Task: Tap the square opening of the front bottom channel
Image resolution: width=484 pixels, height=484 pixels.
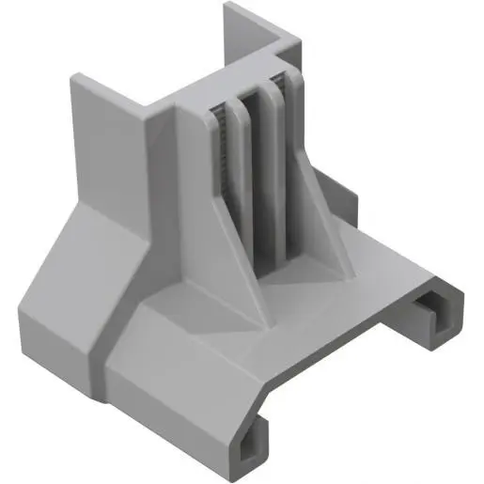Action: tap(251, 449)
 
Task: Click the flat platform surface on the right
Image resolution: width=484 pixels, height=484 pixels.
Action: tap(376, 273)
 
